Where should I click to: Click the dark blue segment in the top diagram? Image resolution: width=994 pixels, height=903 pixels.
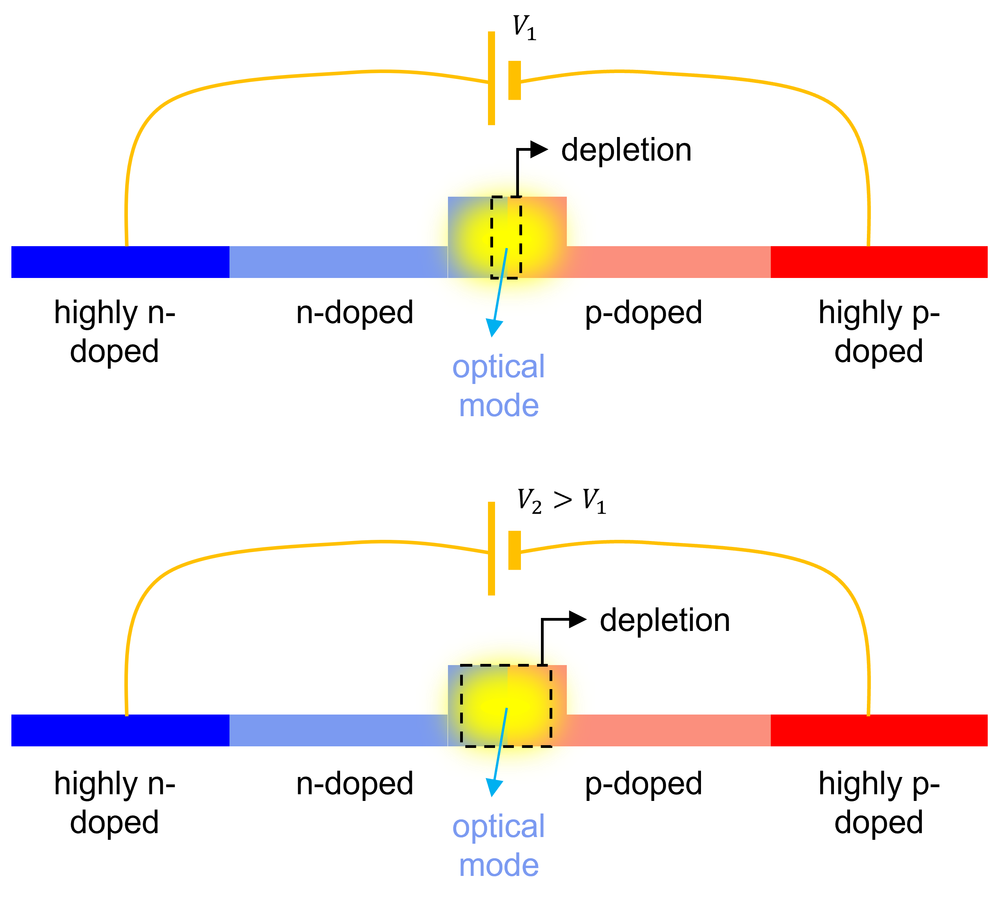coord(120,262)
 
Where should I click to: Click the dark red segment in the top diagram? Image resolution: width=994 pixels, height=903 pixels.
coord(879,262)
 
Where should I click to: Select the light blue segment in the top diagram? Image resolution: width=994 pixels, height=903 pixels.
coord(335,262)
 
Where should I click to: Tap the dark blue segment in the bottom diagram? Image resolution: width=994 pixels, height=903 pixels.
coord(120,730)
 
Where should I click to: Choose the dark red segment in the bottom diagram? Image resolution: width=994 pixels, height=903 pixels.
coord(879,730)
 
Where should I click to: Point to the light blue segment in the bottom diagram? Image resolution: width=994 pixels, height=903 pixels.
coord(335,730)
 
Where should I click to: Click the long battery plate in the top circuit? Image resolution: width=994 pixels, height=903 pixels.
coord(492,78)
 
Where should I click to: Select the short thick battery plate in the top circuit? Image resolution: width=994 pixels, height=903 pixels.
coord(514,80)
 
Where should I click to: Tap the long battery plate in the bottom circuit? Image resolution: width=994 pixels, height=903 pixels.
coord(492,548)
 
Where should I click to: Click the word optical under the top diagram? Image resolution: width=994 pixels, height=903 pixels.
coord(499,367)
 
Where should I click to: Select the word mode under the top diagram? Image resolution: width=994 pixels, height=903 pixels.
coord(499,406)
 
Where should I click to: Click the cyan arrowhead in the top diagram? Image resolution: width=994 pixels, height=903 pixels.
coord(493,327)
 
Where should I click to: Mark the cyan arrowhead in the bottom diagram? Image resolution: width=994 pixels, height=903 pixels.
coord(493,787)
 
